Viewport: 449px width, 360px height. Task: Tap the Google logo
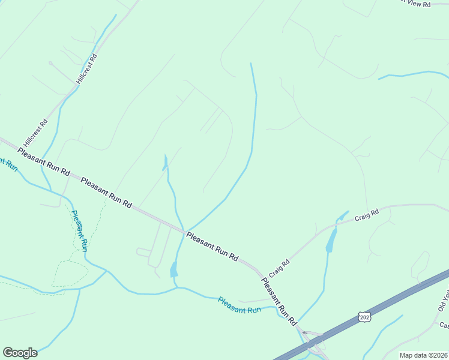(20, 353)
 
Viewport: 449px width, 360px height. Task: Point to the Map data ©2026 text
(424, 355)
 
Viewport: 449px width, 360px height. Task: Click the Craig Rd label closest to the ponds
(367, 215)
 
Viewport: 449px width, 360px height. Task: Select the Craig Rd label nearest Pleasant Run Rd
(280, 268)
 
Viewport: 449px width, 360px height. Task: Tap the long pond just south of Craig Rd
(331, 241)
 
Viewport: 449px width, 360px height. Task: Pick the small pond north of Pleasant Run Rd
(165, 162)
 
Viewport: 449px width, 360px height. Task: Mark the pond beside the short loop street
(174, 269)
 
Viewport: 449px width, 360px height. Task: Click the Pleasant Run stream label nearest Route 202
(240, 305)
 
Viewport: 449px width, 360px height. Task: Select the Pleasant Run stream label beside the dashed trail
(80, 230)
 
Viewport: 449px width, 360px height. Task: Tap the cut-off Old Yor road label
(443, 300)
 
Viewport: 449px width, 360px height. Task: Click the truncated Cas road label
(444, 326)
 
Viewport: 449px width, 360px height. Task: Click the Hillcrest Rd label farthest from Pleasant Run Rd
(86, 68)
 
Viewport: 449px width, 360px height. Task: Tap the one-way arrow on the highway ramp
(304, 333)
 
